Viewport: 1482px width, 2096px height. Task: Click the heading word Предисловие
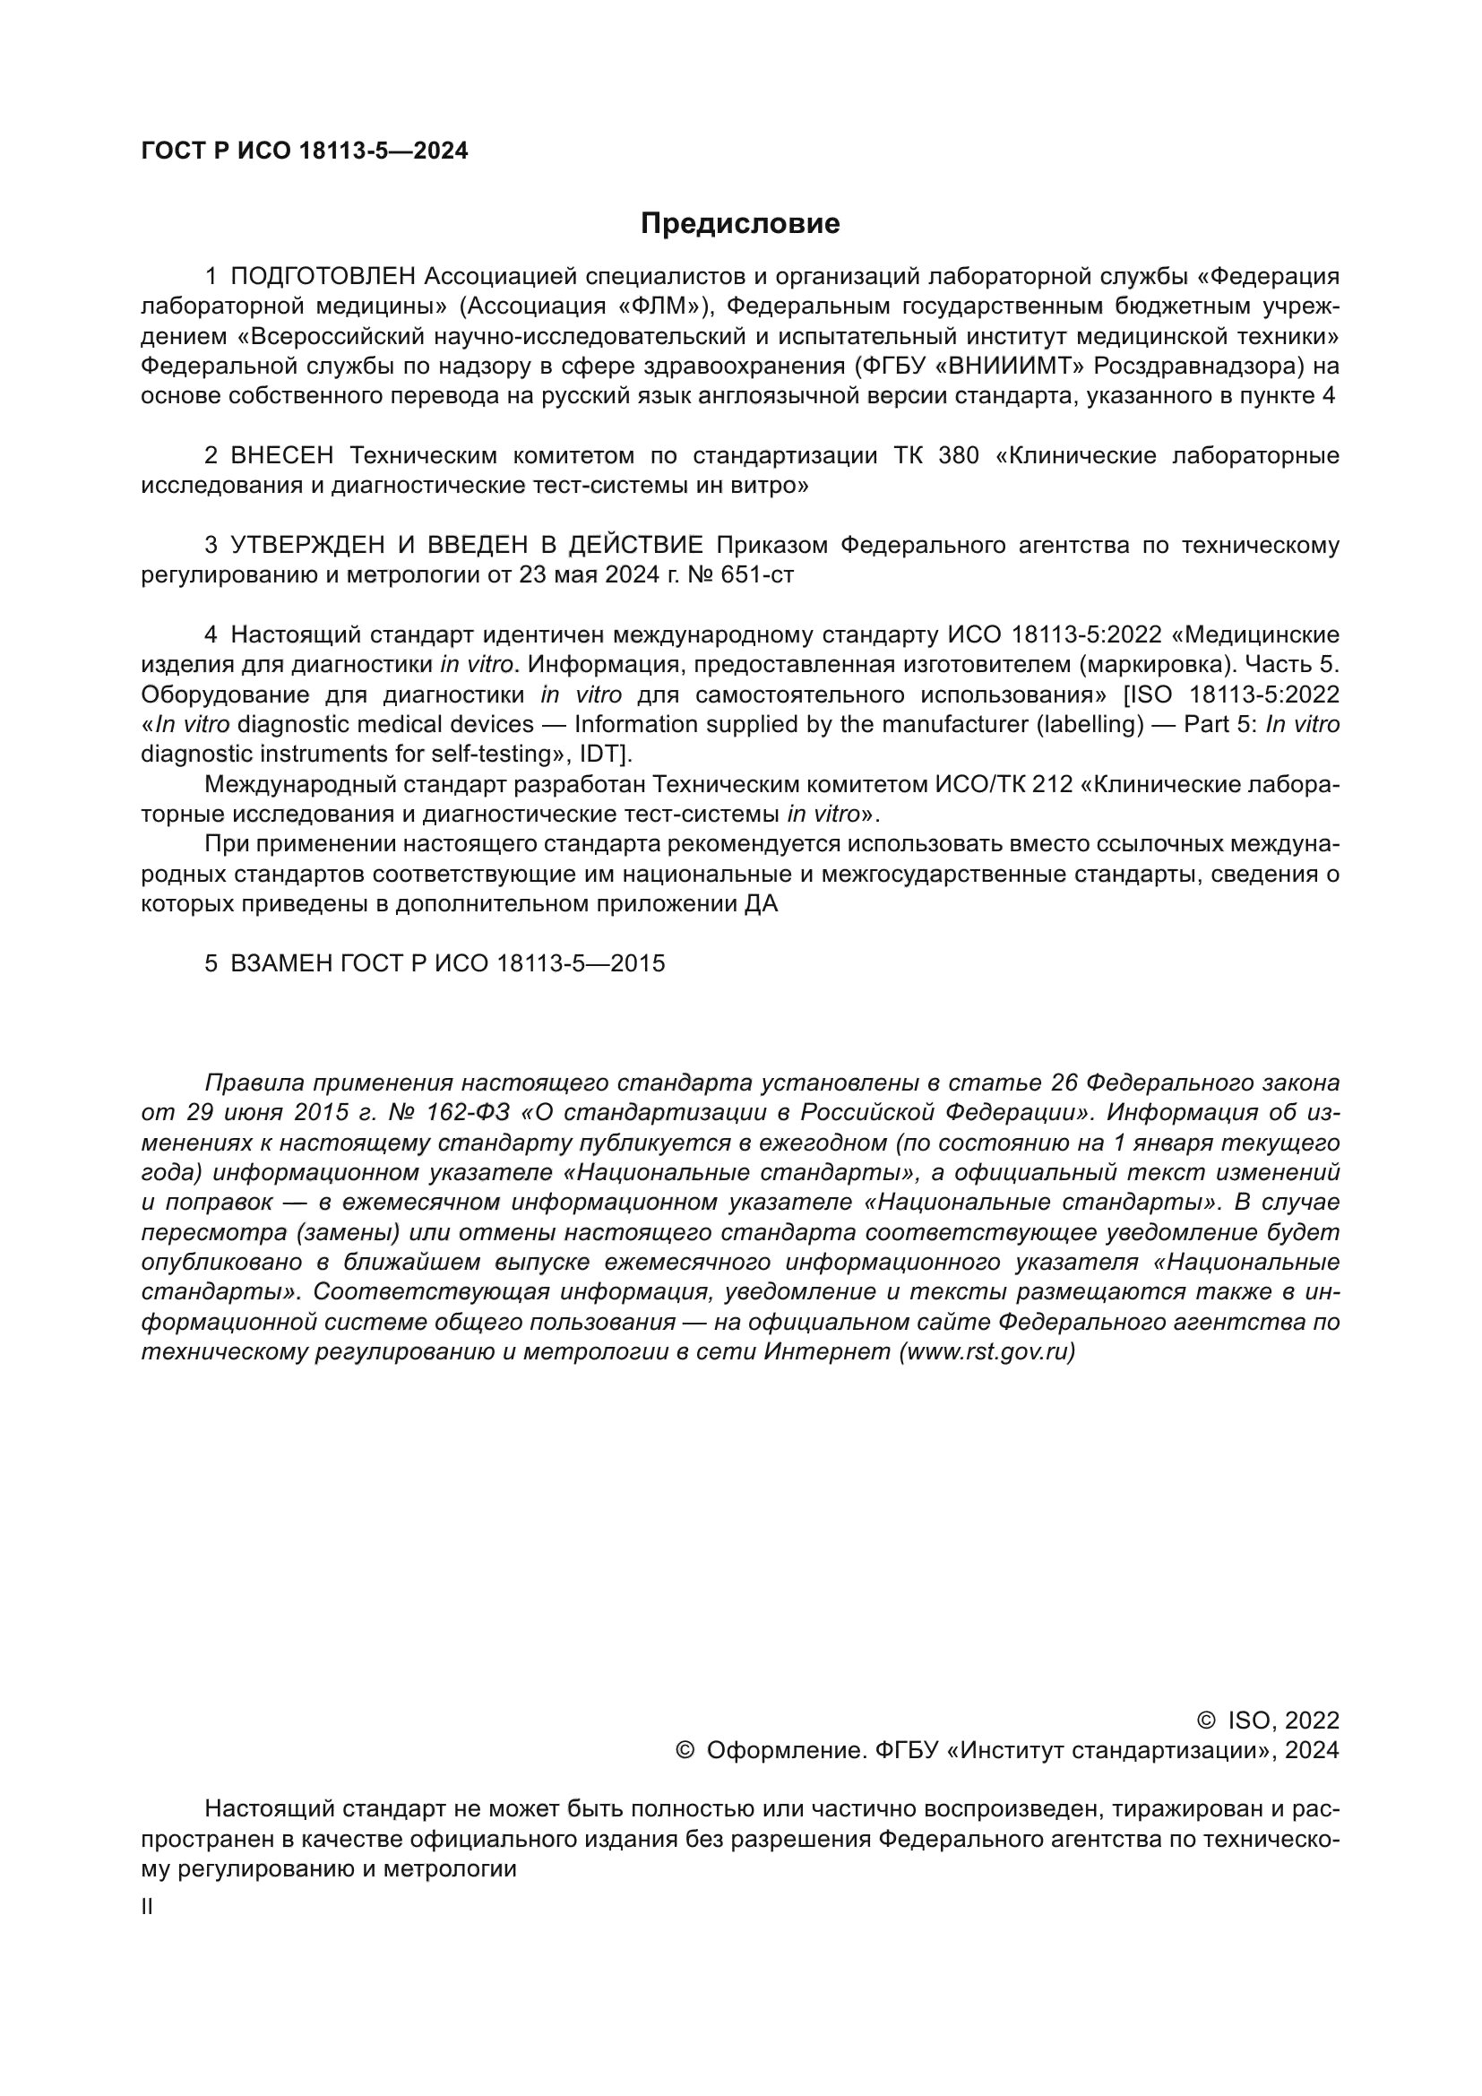click(x=740, y=224)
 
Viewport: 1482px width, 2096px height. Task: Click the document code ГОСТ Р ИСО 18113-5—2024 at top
click(x=305, y=151)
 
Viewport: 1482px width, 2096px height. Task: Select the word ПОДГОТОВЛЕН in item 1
click(x=323, y=276)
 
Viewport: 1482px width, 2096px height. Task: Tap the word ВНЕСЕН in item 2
click(x=282, y=455)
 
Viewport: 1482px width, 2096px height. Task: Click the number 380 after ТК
click(x=958, y=455)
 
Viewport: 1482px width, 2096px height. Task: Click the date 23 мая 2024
click(x=590, y=575)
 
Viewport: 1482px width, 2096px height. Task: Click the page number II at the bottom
click(x=147, y=1907)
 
